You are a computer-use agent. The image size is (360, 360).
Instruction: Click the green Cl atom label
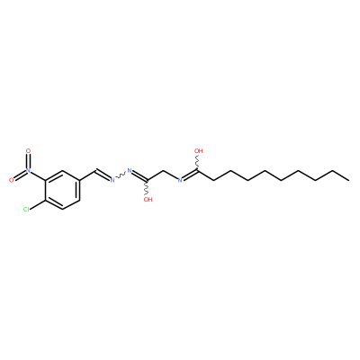point(26,210)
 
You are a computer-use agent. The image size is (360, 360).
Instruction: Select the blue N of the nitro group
point(29,170)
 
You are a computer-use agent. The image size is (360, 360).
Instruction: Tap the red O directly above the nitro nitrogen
point(29,151)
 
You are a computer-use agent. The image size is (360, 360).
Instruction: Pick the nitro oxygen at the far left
point(12,180)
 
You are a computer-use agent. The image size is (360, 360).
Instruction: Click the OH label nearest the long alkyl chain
point(199,150)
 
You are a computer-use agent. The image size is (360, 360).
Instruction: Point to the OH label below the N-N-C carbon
point(148,200)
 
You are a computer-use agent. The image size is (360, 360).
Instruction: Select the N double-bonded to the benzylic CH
point(112,180)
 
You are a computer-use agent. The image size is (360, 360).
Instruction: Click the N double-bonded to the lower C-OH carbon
point(130,170)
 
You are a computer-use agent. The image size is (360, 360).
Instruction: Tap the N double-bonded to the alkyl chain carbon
point(180,180)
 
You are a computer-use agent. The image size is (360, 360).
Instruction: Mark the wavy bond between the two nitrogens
point(121,175)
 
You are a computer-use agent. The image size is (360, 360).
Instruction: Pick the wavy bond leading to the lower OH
point(148,187)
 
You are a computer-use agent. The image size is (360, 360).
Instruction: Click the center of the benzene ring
point(62,190)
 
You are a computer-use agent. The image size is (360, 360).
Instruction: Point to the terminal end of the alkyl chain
point(348,180)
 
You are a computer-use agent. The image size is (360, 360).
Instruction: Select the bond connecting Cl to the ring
point(38,204)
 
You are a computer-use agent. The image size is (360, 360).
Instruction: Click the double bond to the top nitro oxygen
point(29,160)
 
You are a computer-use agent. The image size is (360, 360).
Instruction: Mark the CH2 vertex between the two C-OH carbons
point(164,171)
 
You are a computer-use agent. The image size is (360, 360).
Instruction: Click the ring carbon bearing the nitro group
point(45,180)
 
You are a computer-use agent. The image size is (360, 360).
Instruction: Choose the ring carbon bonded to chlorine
point(45,200)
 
